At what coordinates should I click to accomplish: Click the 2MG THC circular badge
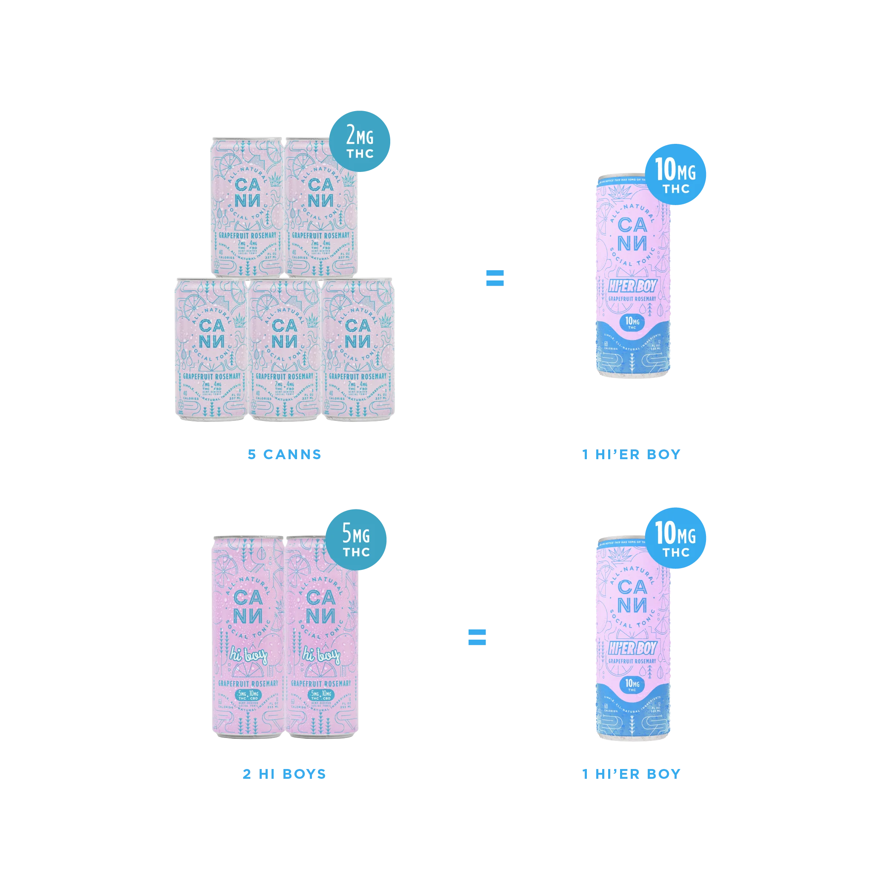(360, 141)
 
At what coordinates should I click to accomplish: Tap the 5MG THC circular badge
(356, 539)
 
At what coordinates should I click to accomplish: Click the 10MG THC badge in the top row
(676, 175)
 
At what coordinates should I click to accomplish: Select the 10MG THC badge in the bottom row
(676, 539)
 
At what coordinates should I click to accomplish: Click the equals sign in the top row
(493, 277)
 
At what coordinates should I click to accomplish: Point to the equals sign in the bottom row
(477, 636)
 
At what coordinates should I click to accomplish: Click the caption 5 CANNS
(284, 454)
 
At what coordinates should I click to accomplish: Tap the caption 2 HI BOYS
(284, 774)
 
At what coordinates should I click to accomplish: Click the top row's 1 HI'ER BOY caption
(631, 454)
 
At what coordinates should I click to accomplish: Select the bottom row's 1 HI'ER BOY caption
(631, 774)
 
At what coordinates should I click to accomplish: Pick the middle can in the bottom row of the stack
(284, 350)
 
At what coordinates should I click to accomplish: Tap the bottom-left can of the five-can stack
(211, 350)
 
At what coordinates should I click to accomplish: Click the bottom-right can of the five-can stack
(358, 350)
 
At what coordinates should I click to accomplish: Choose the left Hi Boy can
(247, 636)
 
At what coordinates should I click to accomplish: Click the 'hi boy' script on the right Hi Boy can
(321, 655)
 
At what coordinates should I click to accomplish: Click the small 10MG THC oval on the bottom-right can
(632, 685)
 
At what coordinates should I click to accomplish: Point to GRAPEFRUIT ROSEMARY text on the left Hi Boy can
(248, 684)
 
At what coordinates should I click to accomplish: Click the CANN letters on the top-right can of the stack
(320, 193)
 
